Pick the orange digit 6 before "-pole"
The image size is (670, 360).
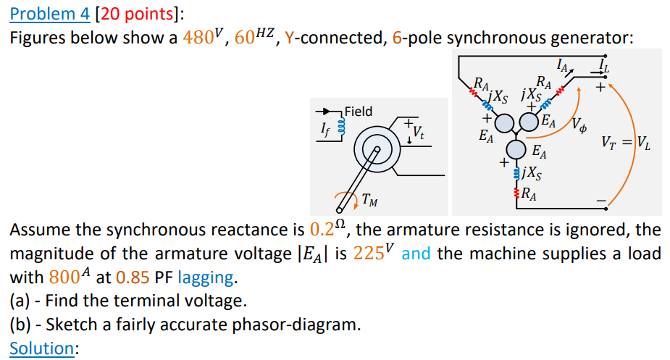396,37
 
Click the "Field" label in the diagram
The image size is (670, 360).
359,112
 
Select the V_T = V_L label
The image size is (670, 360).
627,143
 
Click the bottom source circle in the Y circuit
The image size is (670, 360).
516,149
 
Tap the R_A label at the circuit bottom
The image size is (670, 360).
529,193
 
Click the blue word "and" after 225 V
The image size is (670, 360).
417,254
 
